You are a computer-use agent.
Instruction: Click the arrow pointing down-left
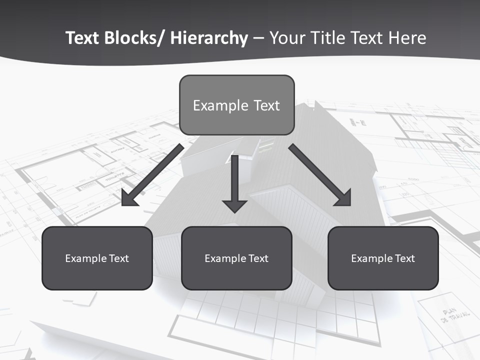click(x=152, y=175)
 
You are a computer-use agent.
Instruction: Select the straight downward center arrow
click(x=234, y=182)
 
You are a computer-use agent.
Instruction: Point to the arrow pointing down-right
click(x=320, y=175)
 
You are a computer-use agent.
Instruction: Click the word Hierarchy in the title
click(x=209, y=38)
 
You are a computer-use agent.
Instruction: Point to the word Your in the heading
click(x=287, y=38)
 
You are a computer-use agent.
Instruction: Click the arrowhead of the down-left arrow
click(x=129, y=198)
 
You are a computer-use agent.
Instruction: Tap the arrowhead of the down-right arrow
click(x=343, y=198)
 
